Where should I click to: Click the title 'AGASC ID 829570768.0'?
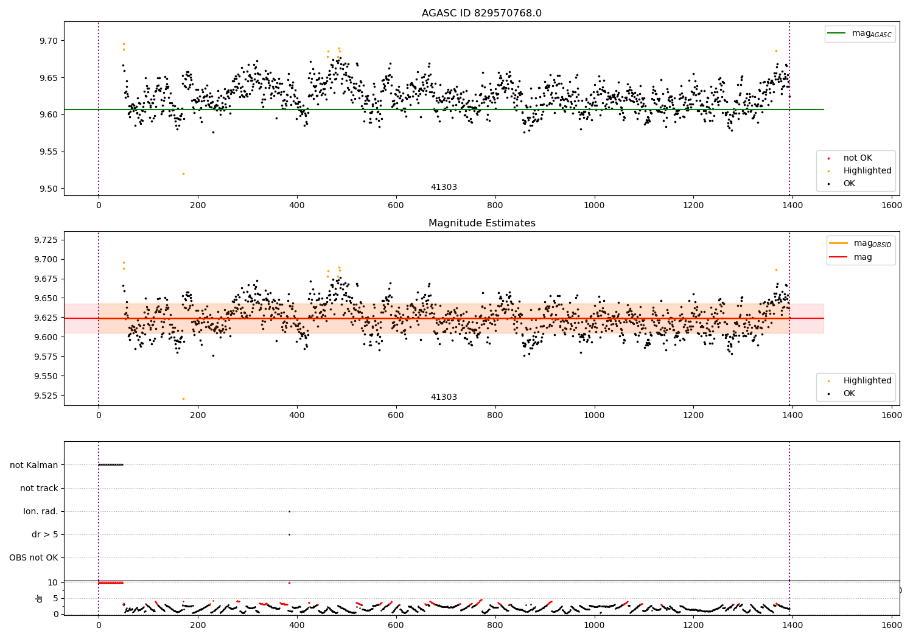[x=481, y=13]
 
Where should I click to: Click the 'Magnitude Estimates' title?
[x=481, y=223]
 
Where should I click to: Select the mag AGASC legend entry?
[x=860, y=33]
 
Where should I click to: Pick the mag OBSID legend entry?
[x=860, y=243]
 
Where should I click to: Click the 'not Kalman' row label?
[x=34, y=465]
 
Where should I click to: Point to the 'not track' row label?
[x=39, y=488]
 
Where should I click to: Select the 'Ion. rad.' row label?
[x=41, y=511]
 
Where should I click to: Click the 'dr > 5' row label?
[x=45, y=534]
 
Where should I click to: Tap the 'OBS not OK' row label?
[x=33, y=557]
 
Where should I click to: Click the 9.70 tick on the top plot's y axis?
[x=49, y=41]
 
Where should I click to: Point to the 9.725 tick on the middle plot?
[x=46, y=240]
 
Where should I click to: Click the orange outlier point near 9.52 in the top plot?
[x=183, y=173]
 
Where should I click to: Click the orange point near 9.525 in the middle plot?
[x=183, y=399]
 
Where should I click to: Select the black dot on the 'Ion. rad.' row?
[x=289, y=511]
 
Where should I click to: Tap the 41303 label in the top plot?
[x=444, y=187]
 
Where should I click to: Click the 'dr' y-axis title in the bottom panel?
[x=39, y=598]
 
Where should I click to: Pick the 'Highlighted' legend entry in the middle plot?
[x=859, y=380]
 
